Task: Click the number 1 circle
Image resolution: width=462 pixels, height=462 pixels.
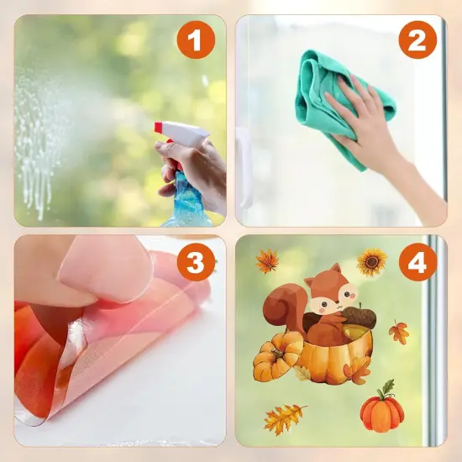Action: coord(195,39)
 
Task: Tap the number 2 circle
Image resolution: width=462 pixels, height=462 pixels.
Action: coord(417,39)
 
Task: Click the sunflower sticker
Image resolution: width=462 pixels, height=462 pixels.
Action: coord(371,262)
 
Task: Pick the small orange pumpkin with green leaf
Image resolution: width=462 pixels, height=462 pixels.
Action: coord(382,412)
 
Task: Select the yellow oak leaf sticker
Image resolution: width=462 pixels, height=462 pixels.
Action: coord(286,417)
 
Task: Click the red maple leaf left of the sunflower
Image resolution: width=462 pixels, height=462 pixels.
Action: coord(267,262)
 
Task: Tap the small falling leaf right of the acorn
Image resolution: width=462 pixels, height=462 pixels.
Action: coord(399,333)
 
